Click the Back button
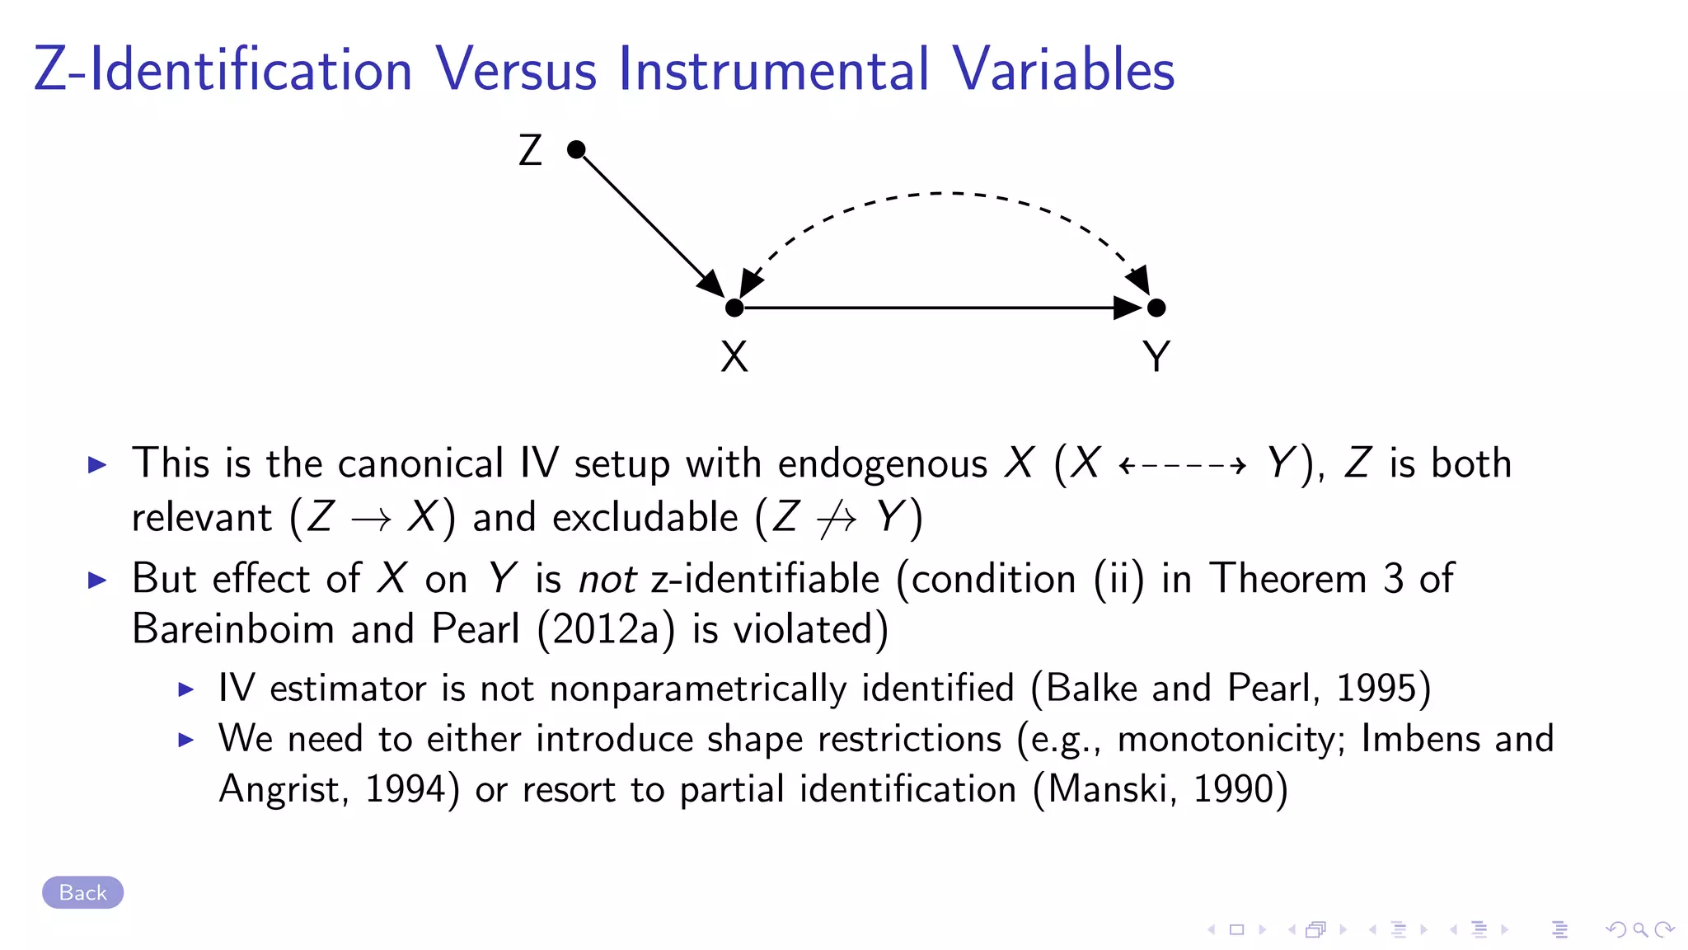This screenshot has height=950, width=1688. click(82, 892)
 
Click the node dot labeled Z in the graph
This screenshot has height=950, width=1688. click(576, 149)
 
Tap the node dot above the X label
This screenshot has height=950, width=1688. click(734, 308)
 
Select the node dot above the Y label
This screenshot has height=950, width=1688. click(1156, 308)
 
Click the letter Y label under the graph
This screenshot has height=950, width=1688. click(1156, 357)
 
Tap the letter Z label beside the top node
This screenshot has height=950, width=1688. click(530, 151)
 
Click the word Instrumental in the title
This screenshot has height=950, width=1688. click(773, 69)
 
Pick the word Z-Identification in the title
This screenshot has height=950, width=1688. click(223, 69)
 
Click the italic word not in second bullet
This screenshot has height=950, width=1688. click(607, 580)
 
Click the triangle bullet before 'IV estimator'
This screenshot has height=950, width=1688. click(186, 689)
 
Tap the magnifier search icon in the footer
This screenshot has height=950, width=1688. click(1640, 930)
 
